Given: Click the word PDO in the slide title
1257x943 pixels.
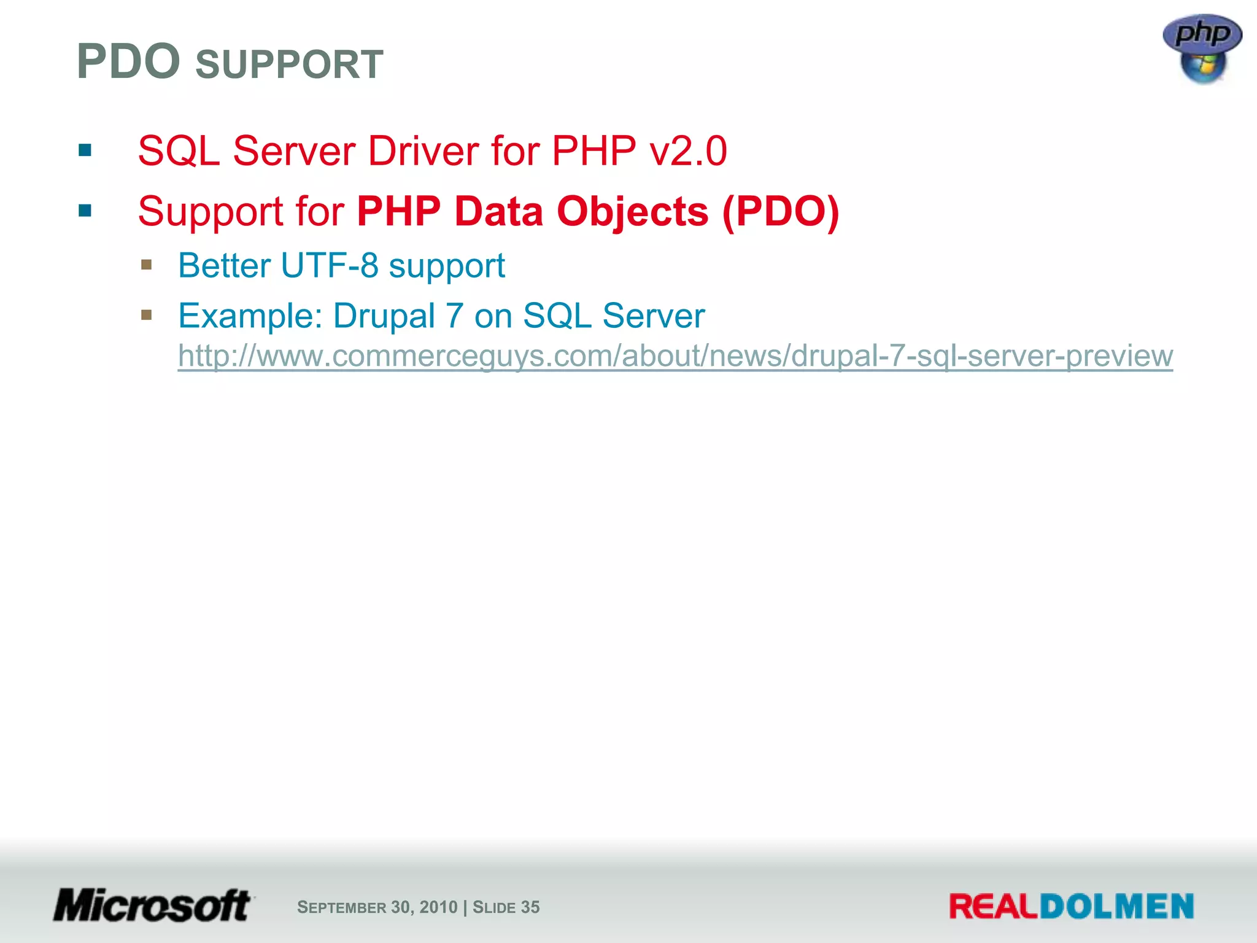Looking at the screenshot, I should pos(128,62).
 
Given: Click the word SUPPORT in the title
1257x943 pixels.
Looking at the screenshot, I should pos(289,64).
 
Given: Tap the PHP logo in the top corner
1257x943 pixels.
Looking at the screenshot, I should pos(1202,49).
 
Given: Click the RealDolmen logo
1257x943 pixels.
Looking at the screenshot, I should pos(1071,906).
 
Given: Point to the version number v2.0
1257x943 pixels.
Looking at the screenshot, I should pos(689,151).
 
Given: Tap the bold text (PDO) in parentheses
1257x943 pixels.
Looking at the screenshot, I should pos(781,212).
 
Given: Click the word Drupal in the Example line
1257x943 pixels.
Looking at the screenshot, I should pos(384,316).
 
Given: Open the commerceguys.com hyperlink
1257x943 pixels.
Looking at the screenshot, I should pos(675,356).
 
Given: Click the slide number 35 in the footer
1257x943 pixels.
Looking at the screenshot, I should pos(530,907).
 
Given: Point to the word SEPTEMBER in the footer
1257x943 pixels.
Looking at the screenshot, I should pos(341,907).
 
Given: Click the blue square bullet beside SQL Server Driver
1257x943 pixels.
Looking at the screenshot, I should pos(85,150).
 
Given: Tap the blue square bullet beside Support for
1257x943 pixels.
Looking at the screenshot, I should pos(85,211).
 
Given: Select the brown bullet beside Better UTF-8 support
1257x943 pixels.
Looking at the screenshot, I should pos(146,265).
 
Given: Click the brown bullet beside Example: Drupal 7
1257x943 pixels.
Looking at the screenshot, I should pos(146,315).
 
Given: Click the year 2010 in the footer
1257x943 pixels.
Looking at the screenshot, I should pos(438,907).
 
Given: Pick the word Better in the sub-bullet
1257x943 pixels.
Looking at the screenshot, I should pos(224,266).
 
